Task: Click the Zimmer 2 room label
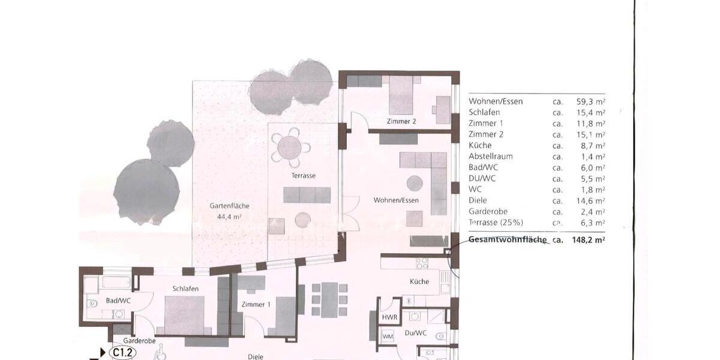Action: click(402, 121)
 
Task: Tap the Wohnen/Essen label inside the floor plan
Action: click(396, 200)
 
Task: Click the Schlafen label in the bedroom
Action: click(185, 289)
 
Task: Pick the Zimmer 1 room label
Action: click(256, 304)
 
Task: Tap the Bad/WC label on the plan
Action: click(119, 300)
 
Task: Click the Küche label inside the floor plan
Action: click(419, 281)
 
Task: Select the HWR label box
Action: click(388, 317)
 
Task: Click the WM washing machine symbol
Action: click(388, 336)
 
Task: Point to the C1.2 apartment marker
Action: click(122, 353)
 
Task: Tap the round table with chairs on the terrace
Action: click(290, 146)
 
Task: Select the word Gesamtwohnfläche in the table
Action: click(508, 239)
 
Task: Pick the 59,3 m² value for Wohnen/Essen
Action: click(589, 101)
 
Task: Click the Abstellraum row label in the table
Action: click(491, 156)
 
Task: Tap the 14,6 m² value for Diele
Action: click(589, 200)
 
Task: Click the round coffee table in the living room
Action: click(415, 182)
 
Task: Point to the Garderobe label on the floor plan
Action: click(140, 341)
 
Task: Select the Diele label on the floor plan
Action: click(256, 356)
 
